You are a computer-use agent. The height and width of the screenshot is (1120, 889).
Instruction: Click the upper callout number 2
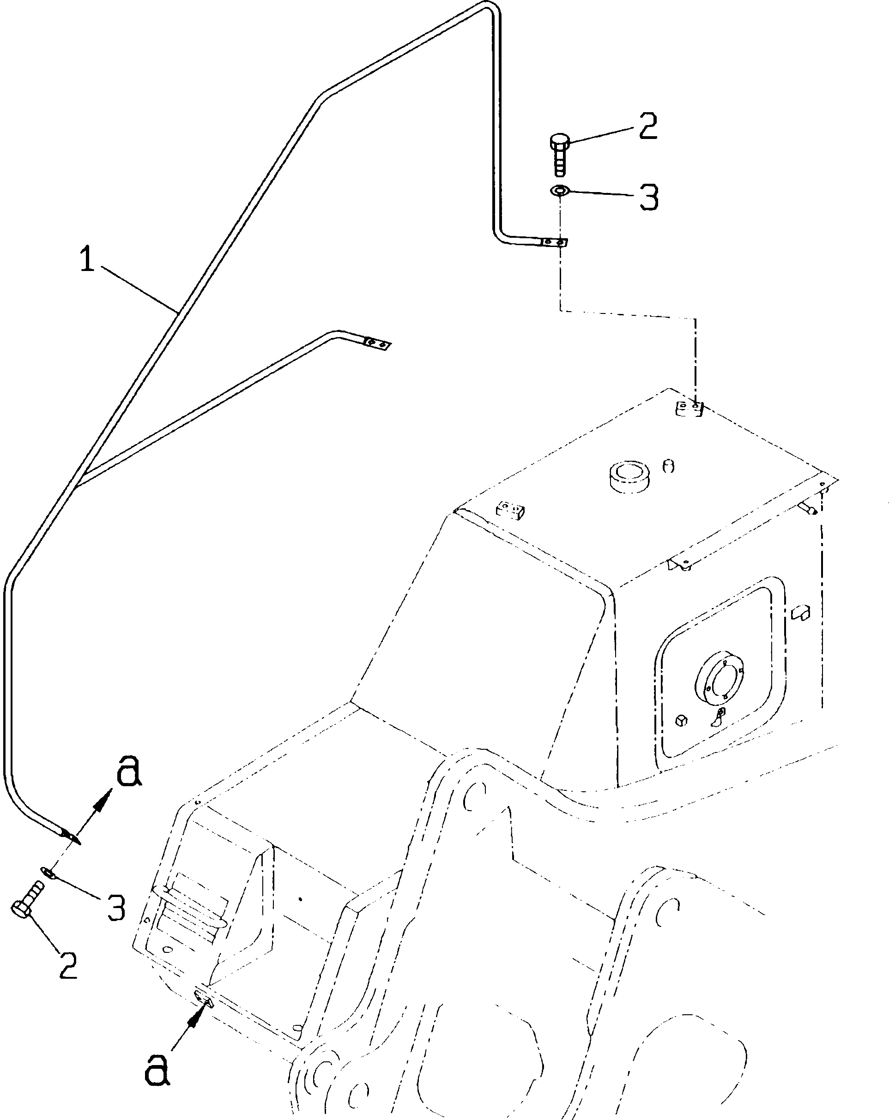tap(648, 126)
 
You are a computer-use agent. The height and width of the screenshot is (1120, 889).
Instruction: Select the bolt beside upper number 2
tap(559, 154)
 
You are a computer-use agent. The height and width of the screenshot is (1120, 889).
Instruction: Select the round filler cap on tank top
tap(629, 476)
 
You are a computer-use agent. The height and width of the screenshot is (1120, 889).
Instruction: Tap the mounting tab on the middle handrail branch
tap(377, 344)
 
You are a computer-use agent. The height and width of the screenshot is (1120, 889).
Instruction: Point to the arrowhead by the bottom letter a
tap(194, 1018)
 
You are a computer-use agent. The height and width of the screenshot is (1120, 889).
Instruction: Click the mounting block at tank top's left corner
tap(510, 509)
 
